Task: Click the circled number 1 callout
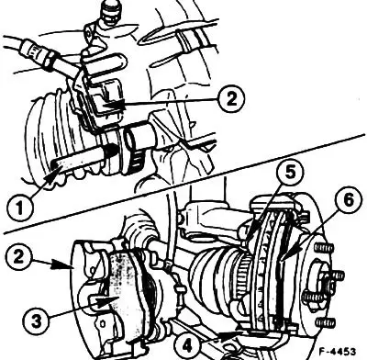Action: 19,208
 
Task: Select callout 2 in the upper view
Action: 231,98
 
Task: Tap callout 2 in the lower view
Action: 18,256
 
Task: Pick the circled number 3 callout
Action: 37,321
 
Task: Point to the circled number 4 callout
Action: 187,346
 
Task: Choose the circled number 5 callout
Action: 290,173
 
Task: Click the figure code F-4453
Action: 338,351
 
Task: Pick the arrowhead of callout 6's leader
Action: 286,255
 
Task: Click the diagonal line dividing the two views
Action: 183,184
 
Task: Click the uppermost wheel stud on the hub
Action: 322,247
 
